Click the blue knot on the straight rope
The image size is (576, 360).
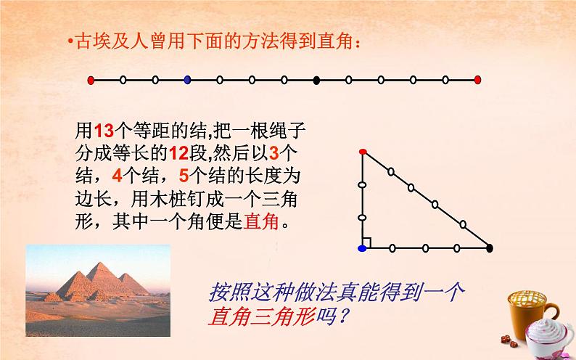point(187,80)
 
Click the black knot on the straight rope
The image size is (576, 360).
point(316,80)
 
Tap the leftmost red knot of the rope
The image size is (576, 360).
point(91,80)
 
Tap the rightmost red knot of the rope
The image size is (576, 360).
point(477,80)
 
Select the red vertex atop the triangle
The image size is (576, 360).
point(363,152)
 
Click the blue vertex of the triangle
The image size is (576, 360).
point(362,248)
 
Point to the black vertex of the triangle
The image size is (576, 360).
point(489,248)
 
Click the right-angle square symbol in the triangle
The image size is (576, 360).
point(366,242)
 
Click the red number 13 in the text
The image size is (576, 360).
point(104,130)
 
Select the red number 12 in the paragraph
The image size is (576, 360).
point(179,153)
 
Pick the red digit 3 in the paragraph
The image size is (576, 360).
point(274,153)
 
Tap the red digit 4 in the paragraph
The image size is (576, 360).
point(118,176)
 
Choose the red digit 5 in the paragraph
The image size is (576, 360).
point(184,176)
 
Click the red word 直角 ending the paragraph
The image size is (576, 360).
point(261,221)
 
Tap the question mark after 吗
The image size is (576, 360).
point(342,316)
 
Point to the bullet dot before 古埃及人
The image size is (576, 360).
point(70,41)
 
